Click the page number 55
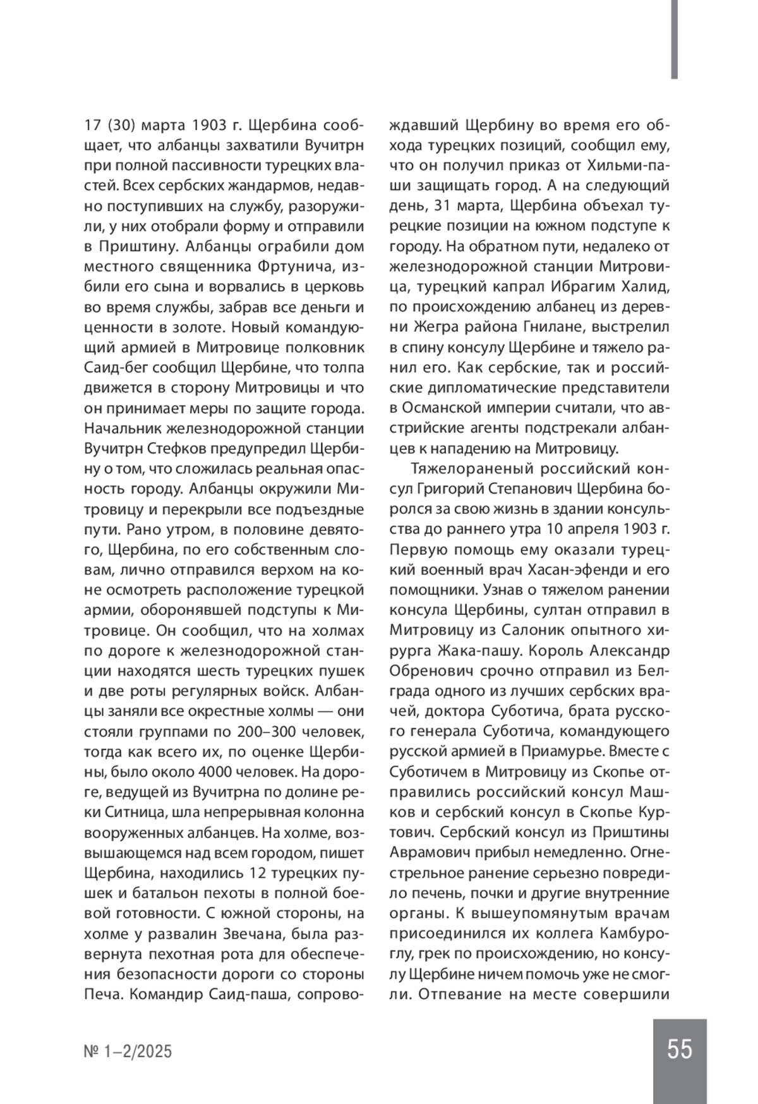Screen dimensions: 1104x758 click(x=679, y=1050)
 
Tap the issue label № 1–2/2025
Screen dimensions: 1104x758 click(x=128, y=1052)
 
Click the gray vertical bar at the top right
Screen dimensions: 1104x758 click(x=675, y=39)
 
